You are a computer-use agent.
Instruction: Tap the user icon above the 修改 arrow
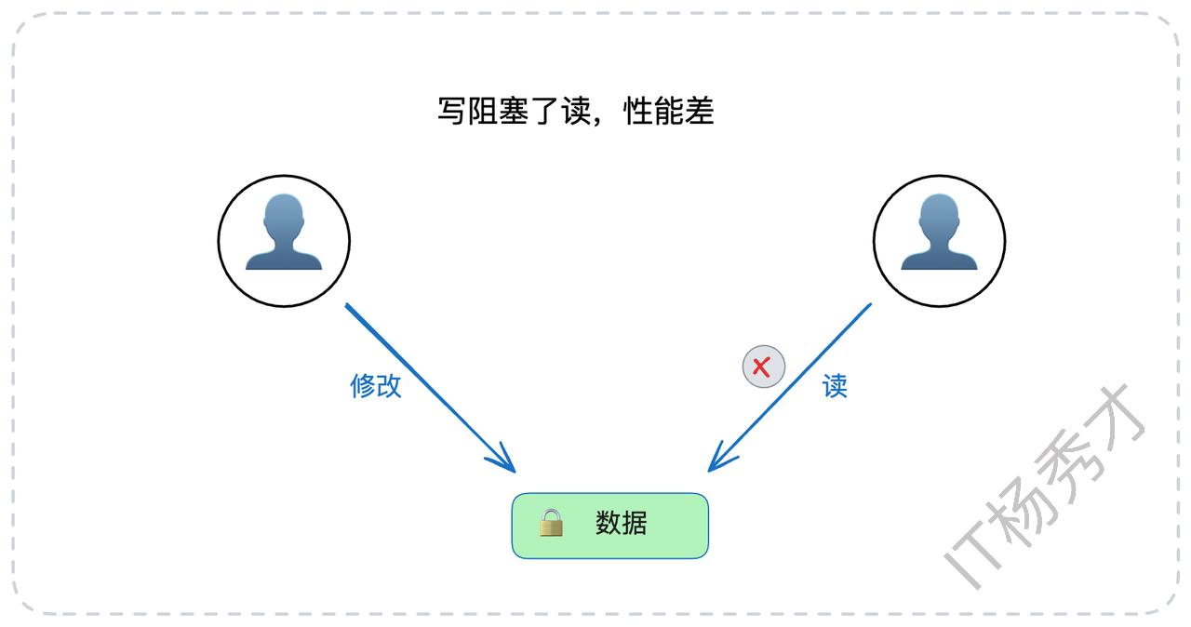(284, 241)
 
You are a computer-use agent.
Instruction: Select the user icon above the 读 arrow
(940, 241)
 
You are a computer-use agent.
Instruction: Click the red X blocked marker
(763, 367)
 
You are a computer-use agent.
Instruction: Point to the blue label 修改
(376, 385)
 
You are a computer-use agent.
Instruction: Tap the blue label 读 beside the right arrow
(835, 385)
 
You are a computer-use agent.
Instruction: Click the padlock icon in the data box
(552, 523)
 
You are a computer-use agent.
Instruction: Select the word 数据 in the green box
(621, 523)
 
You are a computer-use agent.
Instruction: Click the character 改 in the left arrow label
(389, 385)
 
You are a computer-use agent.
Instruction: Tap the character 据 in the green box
(634, 523)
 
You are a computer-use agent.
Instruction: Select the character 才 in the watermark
(1117, 419)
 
